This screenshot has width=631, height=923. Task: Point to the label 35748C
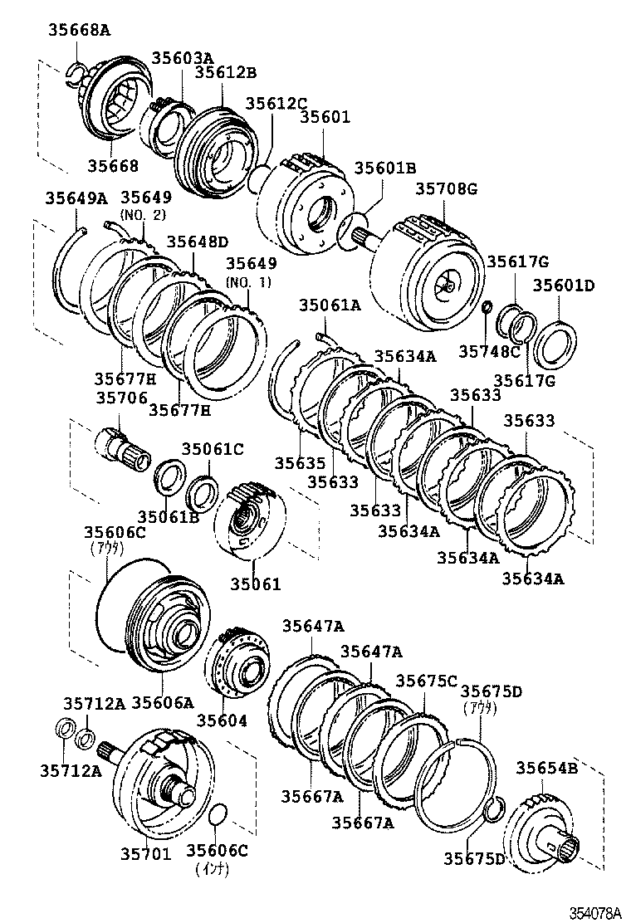pyautogui.click(x=489, y=351)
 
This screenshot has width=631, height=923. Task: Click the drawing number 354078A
pyautogui.click(x=594, y=912)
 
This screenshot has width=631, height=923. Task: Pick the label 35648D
pyautogui.click(x=198, y=242)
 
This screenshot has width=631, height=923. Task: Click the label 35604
pyautogui.click(x=222, y=720)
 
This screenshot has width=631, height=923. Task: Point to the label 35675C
pyautogui.click(x=426, y=681)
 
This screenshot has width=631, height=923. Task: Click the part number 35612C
pyautogui.click(x=276, y=103)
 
